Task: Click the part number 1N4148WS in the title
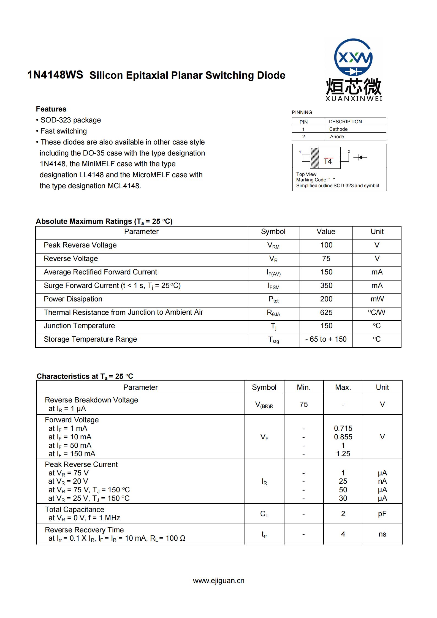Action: pyautogui.click(x=55, y=75)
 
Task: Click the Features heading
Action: pyautogui.click(x=51, y=109)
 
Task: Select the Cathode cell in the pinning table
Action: pyautogui.click(x=338, y=129)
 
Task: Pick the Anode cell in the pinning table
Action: pyautogui.click(x=337, y=137)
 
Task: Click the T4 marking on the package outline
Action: pyautogui.click(x=328, y=161)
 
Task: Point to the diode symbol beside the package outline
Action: pyautogui.click(x=360, y=157)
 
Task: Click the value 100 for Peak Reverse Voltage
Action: pyautogui.click(x=326, y=245)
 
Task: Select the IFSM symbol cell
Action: pyautogui.click(x=273, y=286)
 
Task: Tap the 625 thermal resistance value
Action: pyautogui.click(x=326, y=312)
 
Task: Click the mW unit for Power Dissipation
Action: pyautogui.click(x=377, y=299)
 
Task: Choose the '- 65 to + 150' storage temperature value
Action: pyautogui.click(x=326, y=339)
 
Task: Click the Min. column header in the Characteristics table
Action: pyautogui.click(x=303, y=387)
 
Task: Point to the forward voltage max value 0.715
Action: pyautogui.click(x=343, y=428)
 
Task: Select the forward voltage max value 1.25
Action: pyautogui.click(x=343, y=454)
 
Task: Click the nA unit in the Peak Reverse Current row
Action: pyautogui.click(x=382, y=481)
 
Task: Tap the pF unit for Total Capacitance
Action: pyautogui.click(x=382, y=514)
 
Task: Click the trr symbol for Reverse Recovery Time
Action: pyautogui.click(x=264, y=534)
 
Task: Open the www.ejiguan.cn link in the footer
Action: pyautogui.click(x=219, y=581)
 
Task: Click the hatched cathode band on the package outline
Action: pyautogui.click(x=314, y=158)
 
